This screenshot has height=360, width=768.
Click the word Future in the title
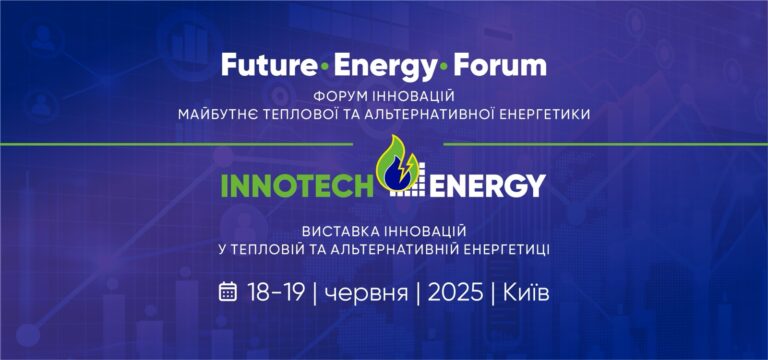[x=267, y=67]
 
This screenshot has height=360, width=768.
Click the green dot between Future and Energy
[x=322, y=67]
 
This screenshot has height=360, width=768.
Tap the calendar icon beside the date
[x=228, y=292]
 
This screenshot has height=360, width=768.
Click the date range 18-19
[x=275, y=292]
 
